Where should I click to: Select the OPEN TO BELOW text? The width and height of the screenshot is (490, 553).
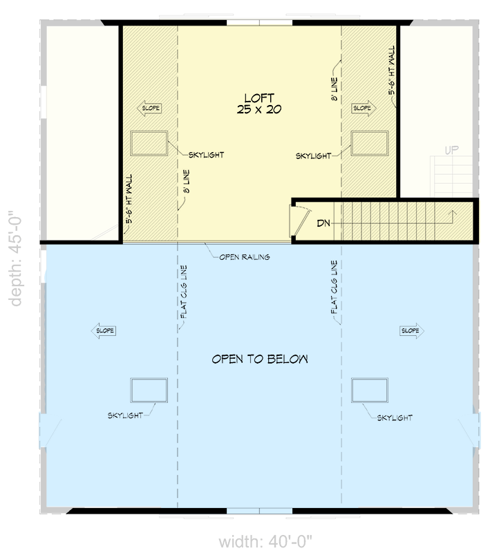tap(259, 359)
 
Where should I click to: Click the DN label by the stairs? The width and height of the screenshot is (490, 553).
tap(323, 223)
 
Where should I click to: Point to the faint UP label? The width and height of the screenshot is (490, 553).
tap(452, 149)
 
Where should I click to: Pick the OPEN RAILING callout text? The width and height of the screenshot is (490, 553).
tap(244, 256)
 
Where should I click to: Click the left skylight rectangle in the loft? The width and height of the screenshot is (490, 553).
tap(149, 143)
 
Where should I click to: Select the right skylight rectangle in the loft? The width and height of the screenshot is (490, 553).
tap(370, 142)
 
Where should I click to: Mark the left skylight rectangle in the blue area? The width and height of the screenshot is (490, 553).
tap(149, 390)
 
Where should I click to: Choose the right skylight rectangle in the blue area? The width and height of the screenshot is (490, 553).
tap(370, 390)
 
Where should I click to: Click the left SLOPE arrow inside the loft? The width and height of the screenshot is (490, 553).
tap(151, 108)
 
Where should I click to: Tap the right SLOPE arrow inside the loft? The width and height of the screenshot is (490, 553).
tap(363, 108)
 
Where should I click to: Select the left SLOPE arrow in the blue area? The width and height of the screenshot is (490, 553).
tap(104, 331)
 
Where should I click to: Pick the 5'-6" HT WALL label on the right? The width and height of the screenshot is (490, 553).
tap(392, 71)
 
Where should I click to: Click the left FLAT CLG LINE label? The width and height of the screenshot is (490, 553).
tap(183, 292)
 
